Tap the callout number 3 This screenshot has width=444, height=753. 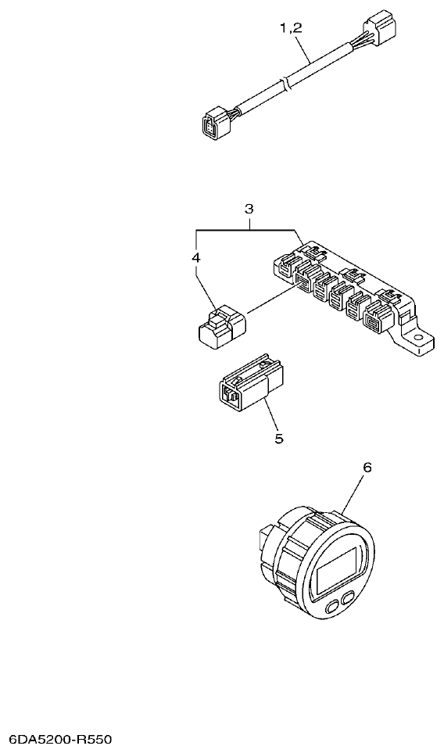coord(249,209)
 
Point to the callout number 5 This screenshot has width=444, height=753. coord(278,438)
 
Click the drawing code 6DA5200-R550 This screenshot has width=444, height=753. coord(61,739)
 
